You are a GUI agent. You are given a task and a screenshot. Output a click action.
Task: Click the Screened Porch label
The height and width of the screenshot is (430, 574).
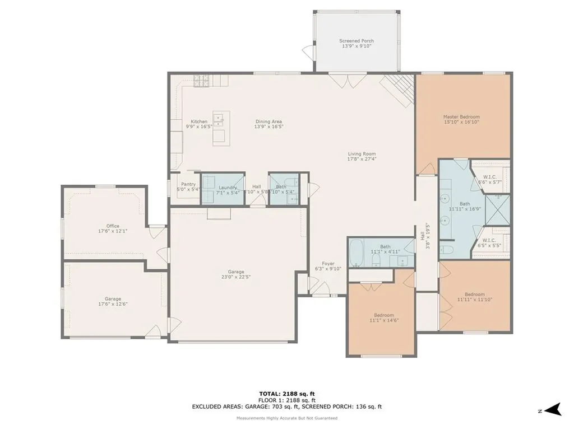[356, 41]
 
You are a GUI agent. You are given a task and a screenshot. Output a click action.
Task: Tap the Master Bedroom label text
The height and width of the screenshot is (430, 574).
[461, 117]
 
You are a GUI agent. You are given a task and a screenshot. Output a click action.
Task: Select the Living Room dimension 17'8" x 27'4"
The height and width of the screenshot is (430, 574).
[361, 158]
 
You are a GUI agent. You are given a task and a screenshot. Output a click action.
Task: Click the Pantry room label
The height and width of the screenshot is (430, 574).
[188, 184]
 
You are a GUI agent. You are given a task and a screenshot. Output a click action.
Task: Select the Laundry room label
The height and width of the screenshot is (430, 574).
[228, 187]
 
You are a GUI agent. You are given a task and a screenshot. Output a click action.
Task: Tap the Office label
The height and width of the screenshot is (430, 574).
[113, 226]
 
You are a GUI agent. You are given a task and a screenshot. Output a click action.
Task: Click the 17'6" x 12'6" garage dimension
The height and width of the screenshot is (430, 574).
[113, 304]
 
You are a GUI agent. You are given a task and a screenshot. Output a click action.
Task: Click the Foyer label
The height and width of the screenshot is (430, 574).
[328, 263]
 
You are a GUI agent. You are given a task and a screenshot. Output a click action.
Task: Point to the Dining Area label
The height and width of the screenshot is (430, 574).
[269, 121]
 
